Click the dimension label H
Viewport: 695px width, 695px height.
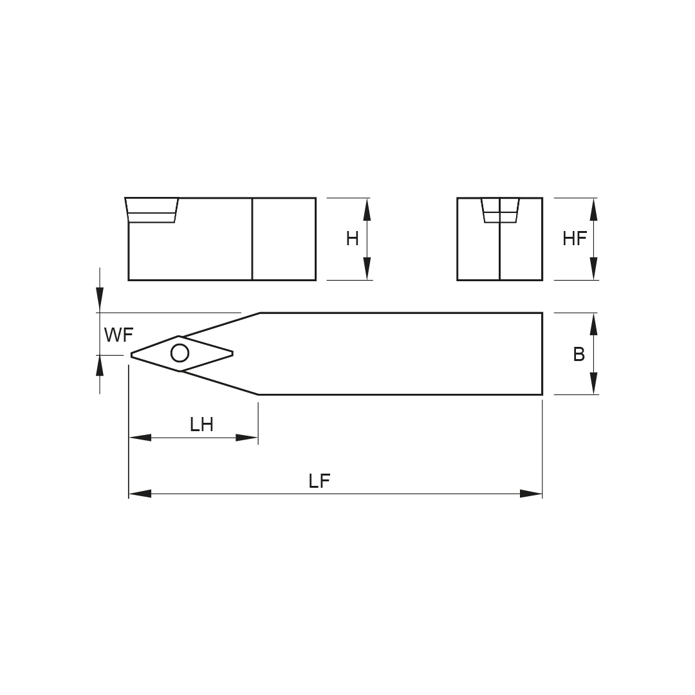[353, 239]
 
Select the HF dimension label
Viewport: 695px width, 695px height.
[575, 239]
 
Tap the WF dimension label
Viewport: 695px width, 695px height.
[118, 335]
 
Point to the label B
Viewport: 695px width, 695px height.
[579, 354]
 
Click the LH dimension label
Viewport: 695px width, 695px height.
[201, 425]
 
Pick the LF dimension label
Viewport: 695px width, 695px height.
[320, 481]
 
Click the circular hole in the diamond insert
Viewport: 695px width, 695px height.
[180, 353]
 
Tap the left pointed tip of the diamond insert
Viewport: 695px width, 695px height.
[131, 354]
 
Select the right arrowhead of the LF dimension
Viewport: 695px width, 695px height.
[531, 494]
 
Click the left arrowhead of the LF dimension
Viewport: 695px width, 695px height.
[140, 494]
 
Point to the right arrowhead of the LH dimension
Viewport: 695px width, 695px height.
[247, 438]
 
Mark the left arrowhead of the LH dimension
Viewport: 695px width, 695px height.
[140, 438]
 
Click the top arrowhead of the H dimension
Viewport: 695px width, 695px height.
[367, 209]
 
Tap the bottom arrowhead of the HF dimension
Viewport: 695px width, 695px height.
[594, 268]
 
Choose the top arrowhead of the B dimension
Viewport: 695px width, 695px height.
[594, 324]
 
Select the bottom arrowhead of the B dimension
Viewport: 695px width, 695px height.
[594, 384]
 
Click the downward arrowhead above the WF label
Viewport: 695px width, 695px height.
[100, 300]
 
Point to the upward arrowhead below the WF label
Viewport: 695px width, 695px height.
[100, 366]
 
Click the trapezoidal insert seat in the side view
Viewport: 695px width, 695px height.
[152, 210]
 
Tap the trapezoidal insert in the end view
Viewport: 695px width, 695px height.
[500, 210]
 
